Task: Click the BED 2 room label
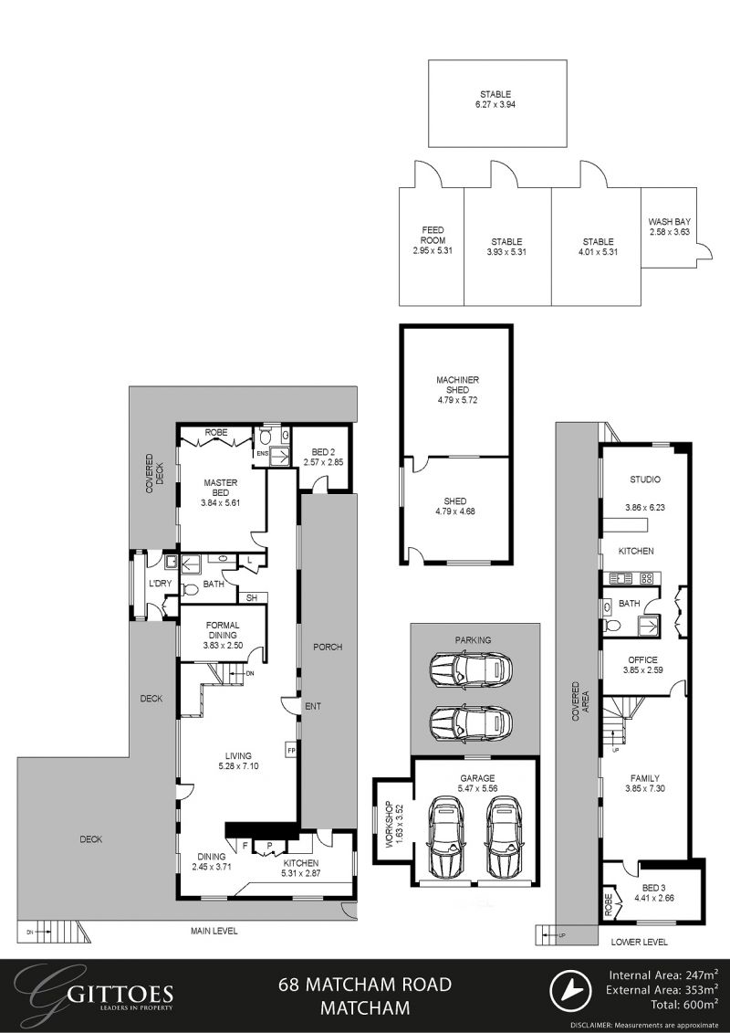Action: point(322,452)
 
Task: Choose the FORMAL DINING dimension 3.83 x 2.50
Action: point(222,646)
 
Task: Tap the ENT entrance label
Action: point(314,707)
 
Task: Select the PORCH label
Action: point(328,647)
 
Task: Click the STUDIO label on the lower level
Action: point(645,480)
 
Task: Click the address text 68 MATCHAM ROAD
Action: point(365,985)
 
